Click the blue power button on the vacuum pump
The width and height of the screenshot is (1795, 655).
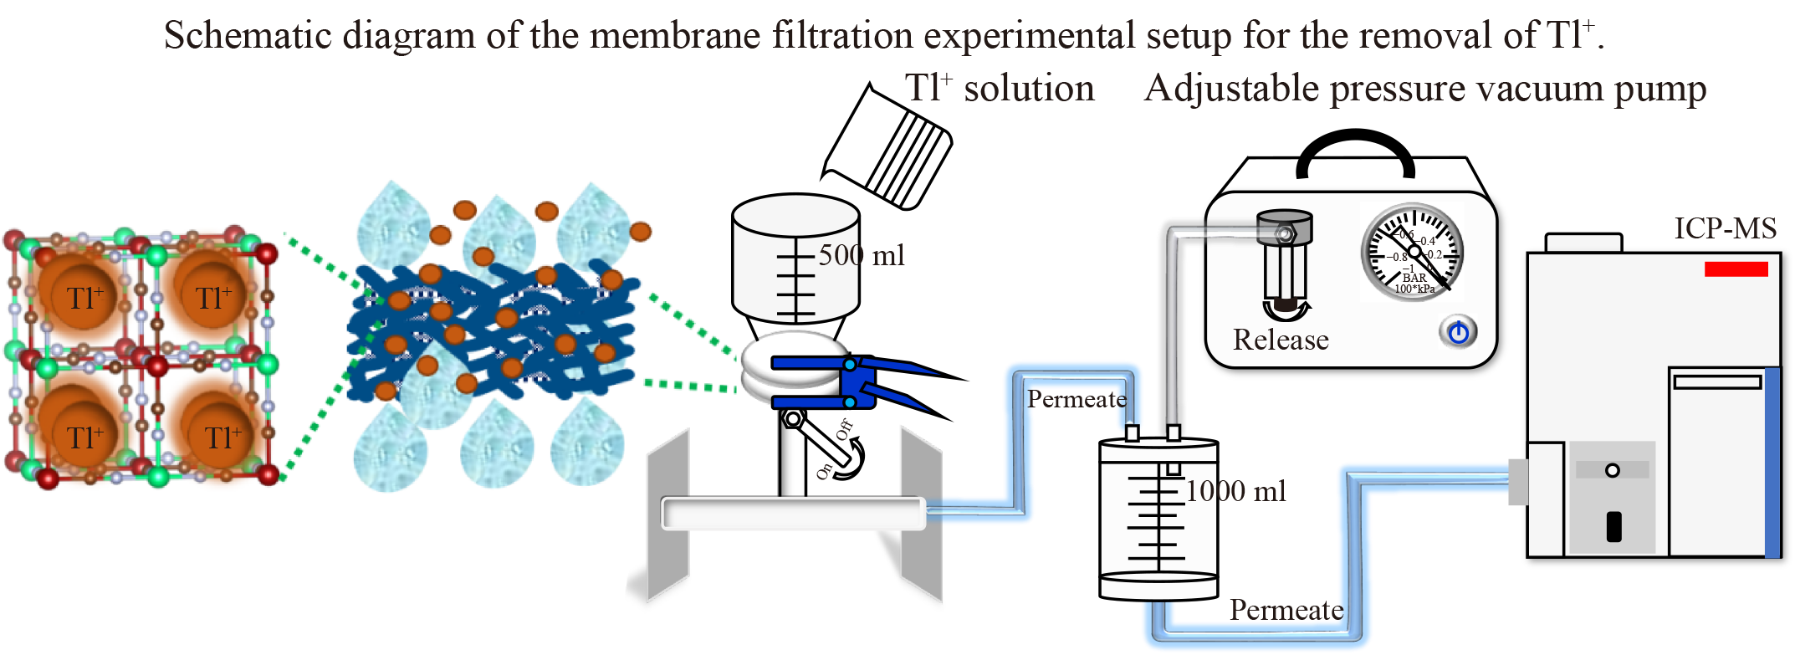1458,333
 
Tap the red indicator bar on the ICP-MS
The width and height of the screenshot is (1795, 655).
1736,269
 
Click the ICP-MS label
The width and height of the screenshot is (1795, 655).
1725,228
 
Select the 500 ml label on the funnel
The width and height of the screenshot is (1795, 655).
861,255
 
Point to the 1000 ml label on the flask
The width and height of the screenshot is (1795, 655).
1235,491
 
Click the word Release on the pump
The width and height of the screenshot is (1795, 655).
1281,340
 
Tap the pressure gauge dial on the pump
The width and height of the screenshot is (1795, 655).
1413,252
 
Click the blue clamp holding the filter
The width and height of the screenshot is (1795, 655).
862,383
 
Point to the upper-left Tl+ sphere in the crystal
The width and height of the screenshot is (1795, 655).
84,297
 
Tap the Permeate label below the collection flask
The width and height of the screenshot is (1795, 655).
1286,610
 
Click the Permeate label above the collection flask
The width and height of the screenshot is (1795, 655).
1076,399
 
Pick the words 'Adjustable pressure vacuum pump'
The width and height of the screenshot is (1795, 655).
1424,89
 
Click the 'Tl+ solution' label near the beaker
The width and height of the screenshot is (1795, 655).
1000,89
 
